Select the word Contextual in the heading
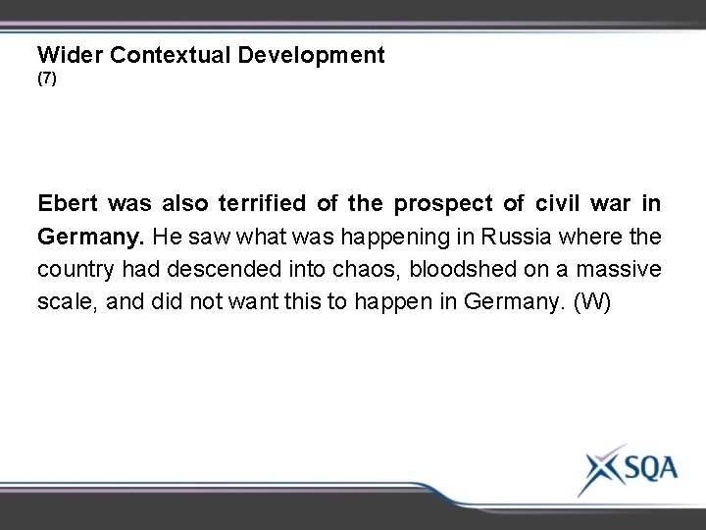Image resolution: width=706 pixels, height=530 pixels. tap(174, 55)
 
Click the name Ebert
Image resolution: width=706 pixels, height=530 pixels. tap(69, 204)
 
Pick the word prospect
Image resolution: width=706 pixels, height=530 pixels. tap(434, 204)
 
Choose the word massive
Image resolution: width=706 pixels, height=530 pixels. tap(622, 269)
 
